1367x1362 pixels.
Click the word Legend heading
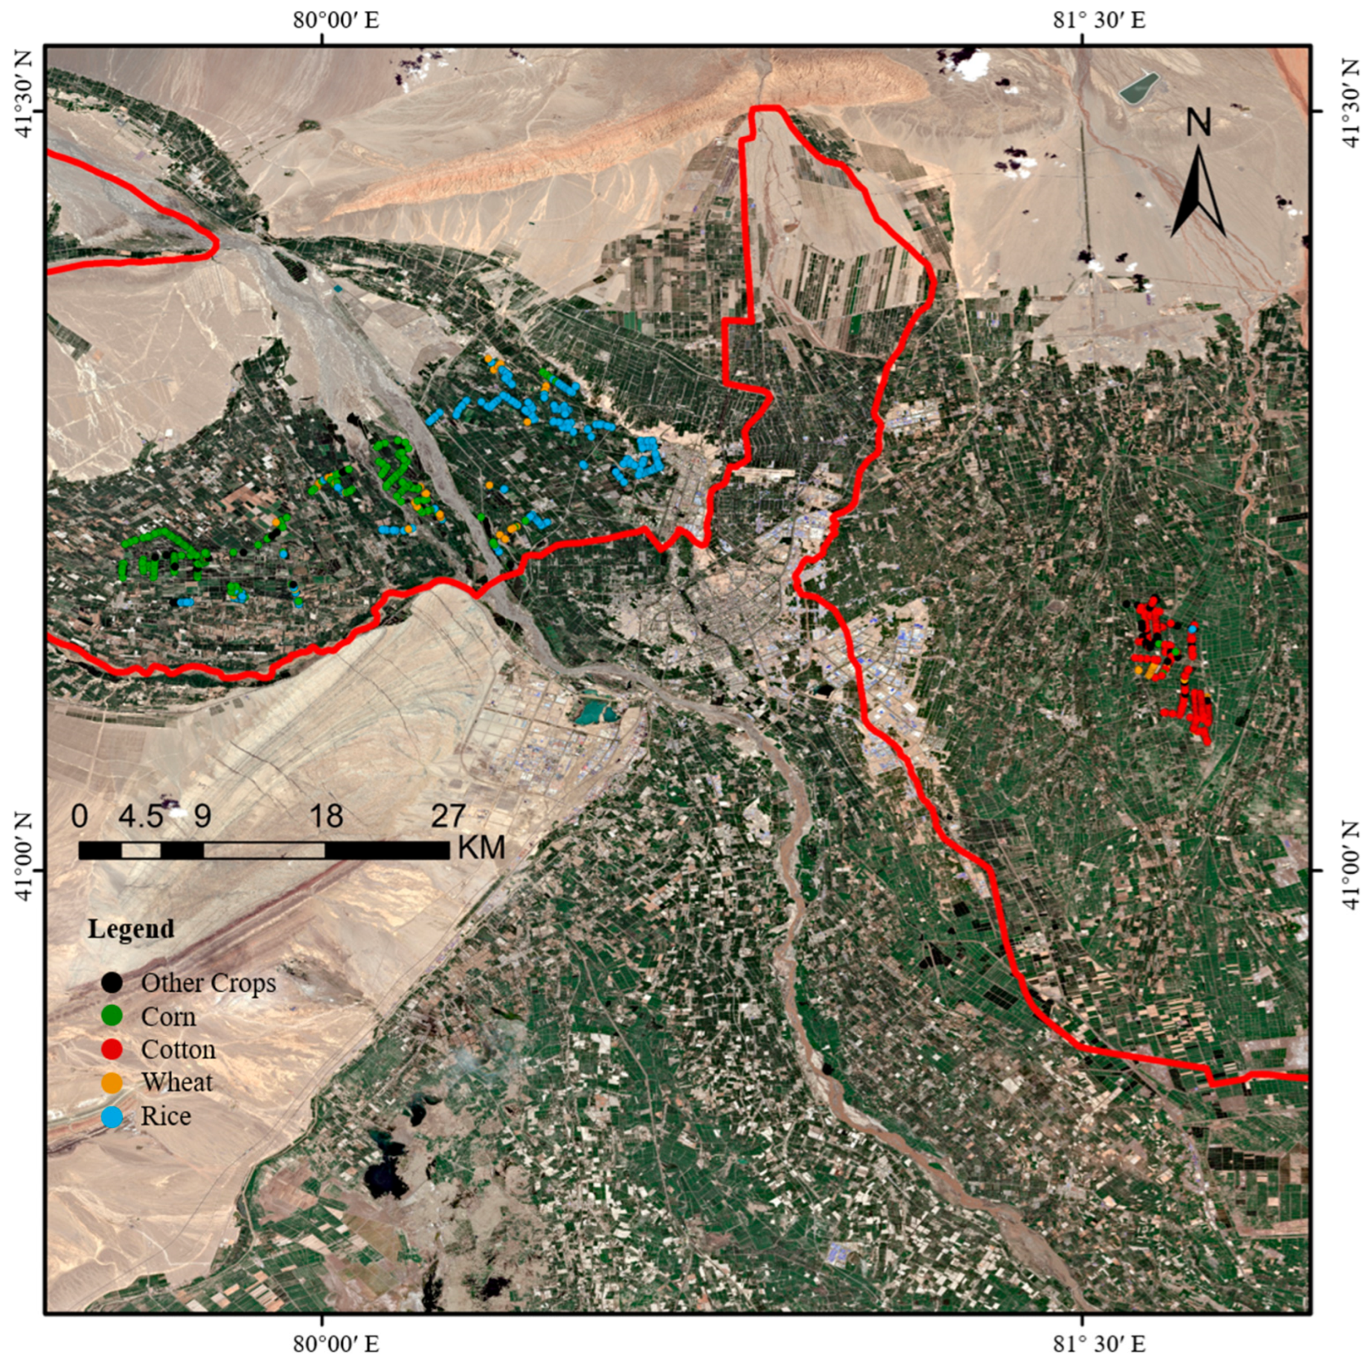(131, 929)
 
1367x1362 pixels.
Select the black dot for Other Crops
(112, 983)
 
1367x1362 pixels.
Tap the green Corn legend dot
(112, 1016)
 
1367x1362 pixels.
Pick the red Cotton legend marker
(112, 1049)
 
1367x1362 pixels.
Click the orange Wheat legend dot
(112, 1082)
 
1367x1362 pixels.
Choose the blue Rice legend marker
(112, 1116)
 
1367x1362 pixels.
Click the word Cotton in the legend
(178, 1049)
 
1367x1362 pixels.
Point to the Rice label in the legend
(166, 1116)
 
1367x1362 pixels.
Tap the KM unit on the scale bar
(482, 848)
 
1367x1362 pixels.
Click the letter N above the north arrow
(1199, 123)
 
